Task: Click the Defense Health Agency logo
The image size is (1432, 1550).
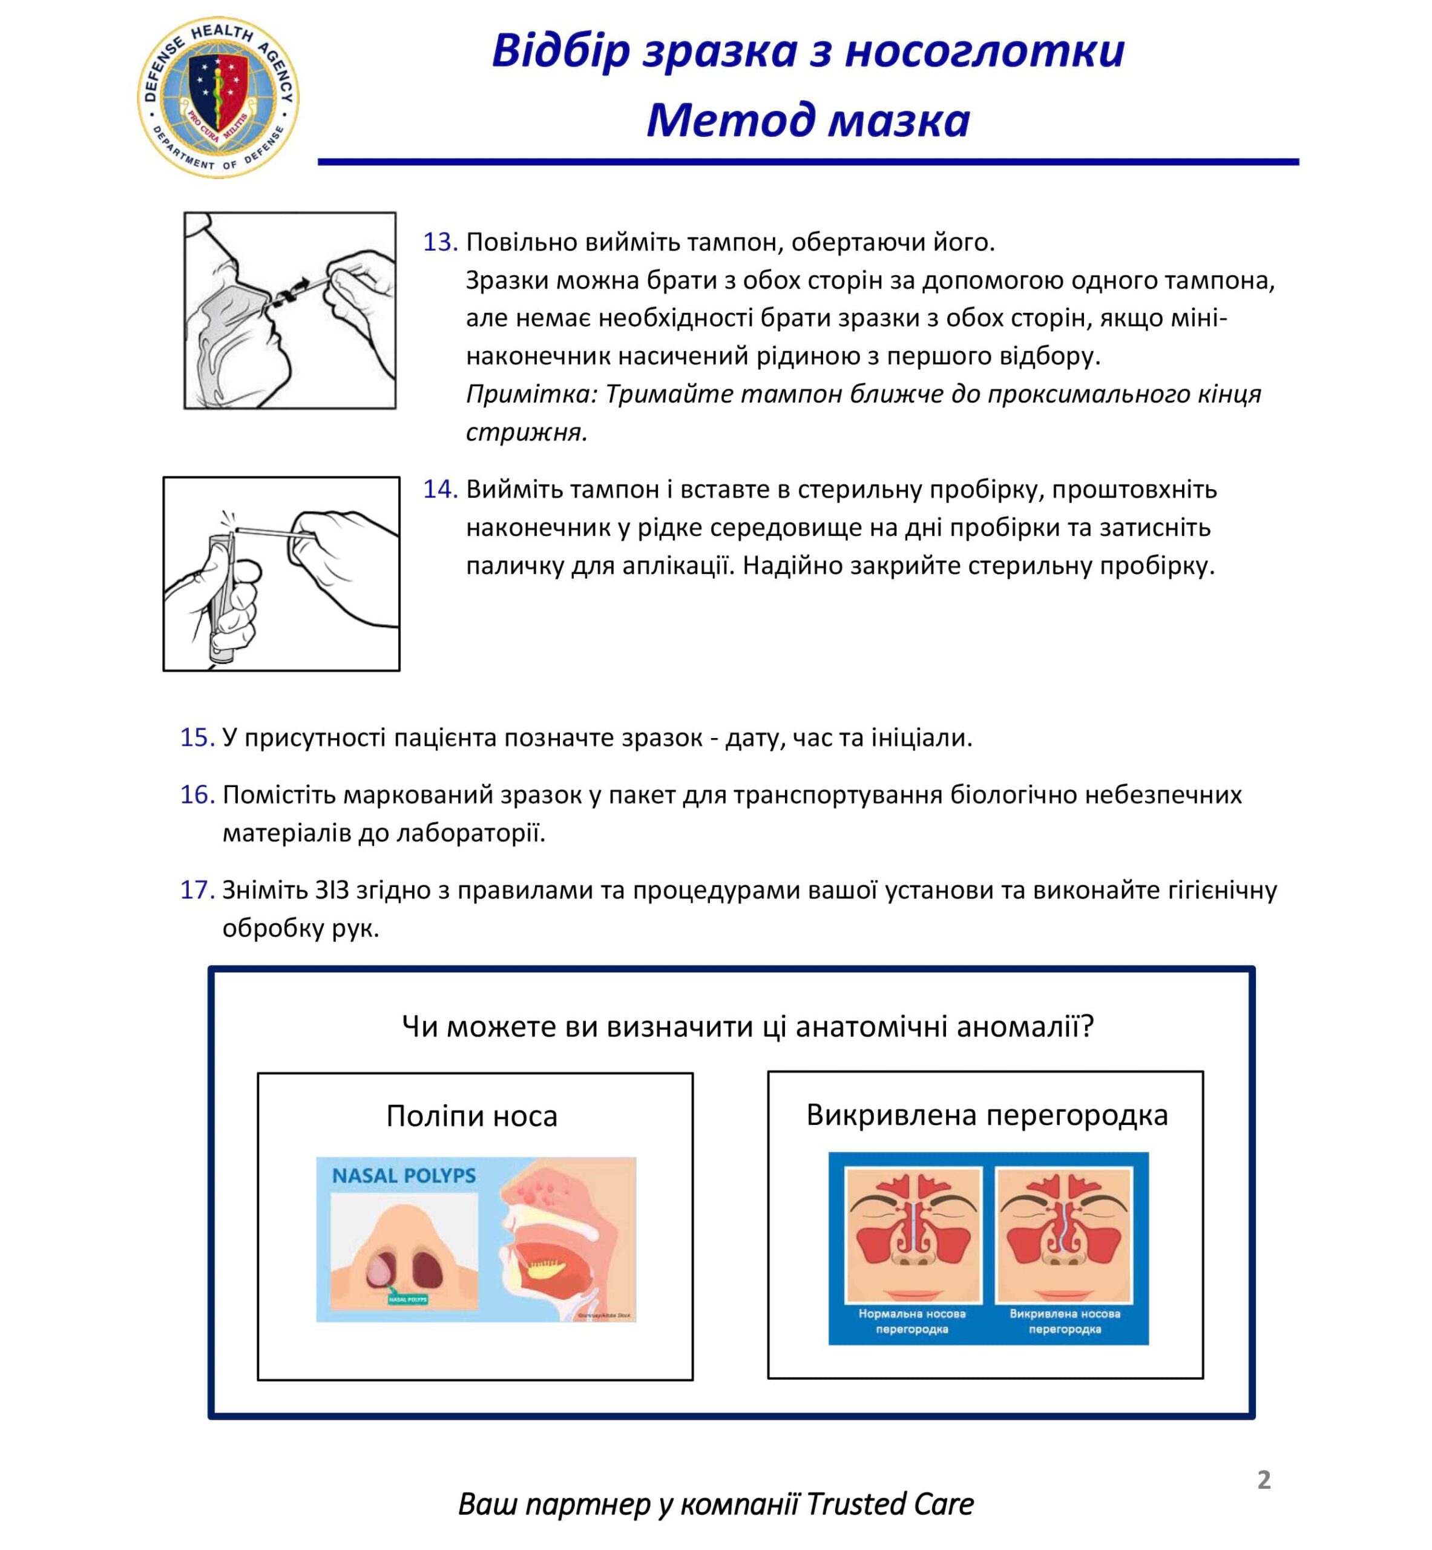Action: pos(218,97)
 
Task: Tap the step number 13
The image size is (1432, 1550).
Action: pos(439,243)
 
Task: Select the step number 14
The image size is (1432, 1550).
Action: pos(439,489)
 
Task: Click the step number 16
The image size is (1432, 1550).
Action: pos(197,794)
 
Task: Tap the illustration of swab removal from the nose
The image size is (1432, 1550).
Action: pos(290,310)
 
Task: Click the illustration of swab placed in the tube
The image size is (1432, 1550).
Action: pos(281,573)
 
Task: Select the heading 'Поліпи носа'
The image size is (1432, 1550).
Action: pos(472,1116)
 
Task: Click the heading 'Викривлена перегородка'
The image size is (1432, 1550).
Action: pos(987,1115)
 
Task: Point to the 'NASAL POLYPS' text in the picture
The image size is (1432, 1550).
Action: pos(404,1176)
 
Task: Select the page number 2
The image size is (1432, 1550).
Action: pos(1264,1480)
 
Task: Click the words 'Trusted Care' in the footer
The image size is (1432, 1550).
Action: pos(890,1504)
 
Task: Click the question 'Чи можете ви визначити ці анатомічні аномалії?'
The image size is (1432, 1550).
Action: pos(747,1026)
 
